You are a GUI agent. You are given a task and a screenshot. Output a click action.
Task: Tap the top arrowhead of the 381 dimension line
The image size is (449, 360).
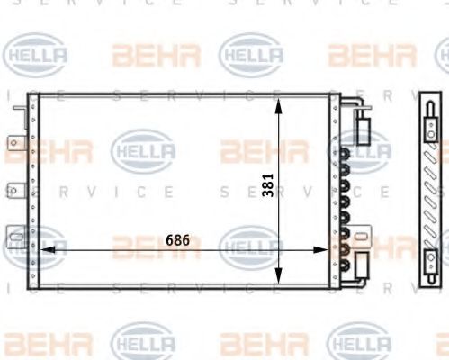pos(279,103)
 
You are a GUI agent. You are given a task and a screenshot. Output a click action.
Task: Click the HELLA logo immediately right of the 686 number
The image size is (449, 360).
pos(250,244)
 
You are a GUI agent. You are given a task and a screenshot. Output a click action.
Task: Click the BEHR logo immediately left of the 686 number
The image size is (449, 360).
pos(144,245)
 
